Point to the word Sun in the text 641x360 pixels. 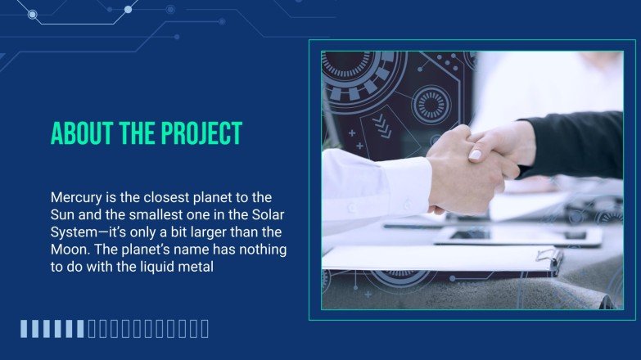pyautogui.click(x=63, y=214)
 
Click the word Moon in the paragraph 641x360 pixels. pyautogui.click(x=70, y=249)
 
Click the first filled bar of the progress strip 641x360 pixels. pyautogui.click(x=25, y=329)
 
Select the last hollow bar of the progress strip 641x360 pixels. pyautogui.click(x=205, y=329)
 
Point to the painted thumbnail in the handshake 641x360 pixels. pyautogui.click(x=476, y=154)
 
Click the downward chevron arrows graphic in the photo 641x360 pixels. pyautogui.click(x=381, y=124)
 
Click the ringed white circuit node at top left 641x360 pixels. pyautogui.click(x=32, y=14)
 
